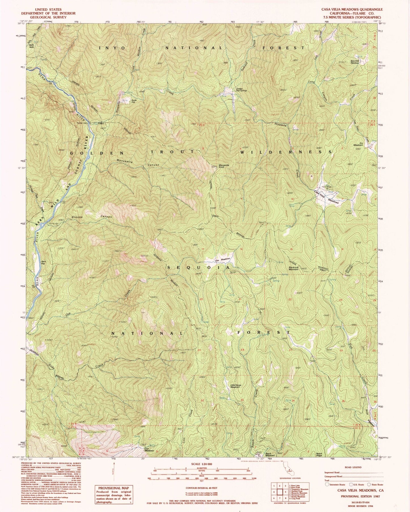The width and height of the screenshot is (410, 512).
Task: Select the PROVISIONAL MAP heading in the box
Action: (113, 488)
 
